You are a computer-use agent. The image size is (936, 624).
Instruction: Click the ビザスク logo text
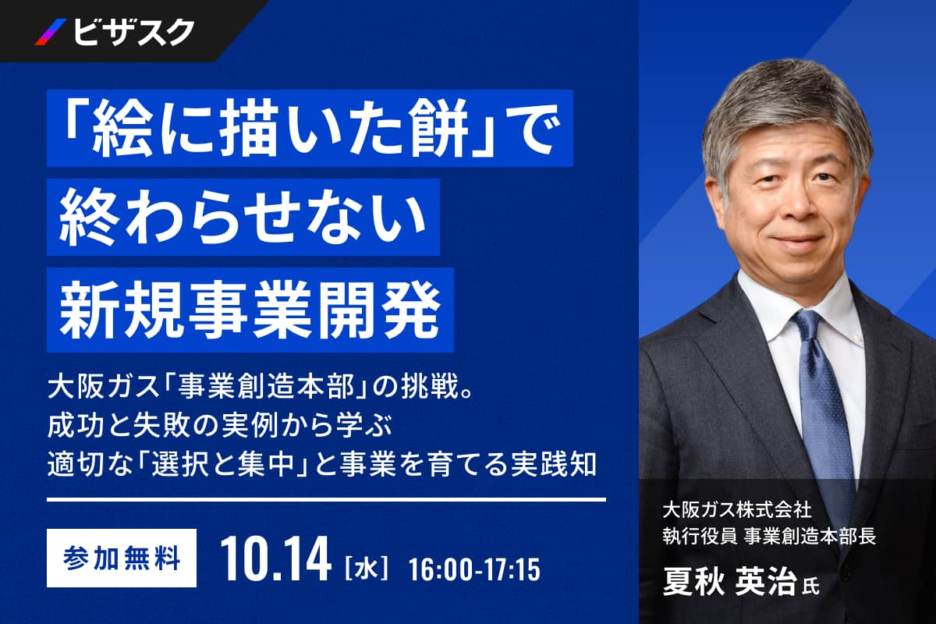(x=134, y=33)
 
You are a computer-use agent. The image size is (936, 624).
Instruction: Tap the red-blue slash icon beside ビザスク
(x=51, y=32)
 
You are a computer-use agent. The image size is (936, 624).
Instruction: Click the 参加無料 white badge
(x=121, y=558)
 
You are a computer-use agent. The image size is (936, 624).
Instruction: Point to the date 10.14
(x=276, y=559)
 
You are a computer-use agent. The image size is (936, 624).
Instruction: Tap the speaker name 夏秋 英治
(x=729, y=583)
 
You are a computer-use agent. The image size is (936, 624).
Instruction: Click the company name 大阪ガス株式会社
(x=737, y=509)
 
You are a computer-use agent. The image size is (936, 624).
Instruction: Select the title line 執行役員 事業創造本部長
(x=769, y=536)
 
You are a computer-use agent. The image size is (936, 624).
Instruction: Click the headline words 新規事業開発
(x=250, y=310)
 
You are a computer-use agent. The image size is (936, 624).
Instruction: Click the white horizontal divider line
(x=326, y=499)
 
